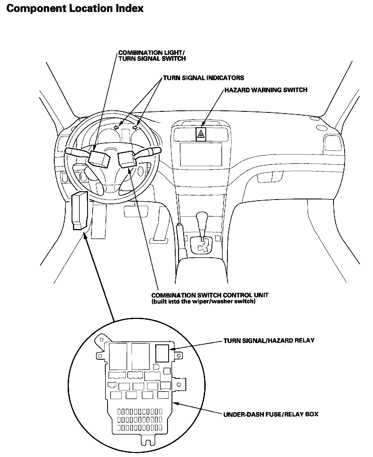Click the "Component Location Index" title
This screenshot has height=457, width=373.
pyautogui.click(x=75, y=8)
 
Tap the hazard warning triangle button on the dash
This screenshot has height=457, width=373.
pyautogui.click(x=201, y=134)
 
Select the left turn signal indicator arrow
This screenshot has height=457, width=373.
pyautogui.click(x=116, y=127)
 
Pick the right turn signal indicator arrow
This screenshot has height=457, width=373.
pyautogui.click(x=135, y=127)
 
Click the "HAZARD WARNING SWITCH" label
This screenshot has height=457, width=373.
pyautogui.click(x=266, y=90)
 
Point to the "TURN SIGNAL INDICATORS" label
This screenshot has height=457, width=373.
pyautogui.click(x=203, y=78)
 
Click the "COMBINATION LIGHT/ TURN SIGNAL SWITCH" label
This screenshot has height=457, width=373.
pyautogui.click(x=152, y=55)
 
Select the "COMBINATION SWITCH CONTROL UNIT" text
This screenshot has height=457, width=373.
pyautogui.click(x=210, y=295)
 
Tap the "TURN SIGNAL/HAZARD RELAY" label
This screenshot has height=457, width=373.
pyautogui.click(x=269, y=341)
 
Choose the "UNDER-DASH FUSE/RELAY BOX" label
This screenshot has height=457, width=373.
pyautogui.click(x=271, y=414)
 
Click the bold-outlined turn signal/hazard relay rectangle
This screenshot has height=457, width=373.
pyautogui.click(x=162, y=353)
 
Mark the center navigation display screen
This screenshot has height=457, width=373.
pyautogui.click(x=201, y=154)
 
